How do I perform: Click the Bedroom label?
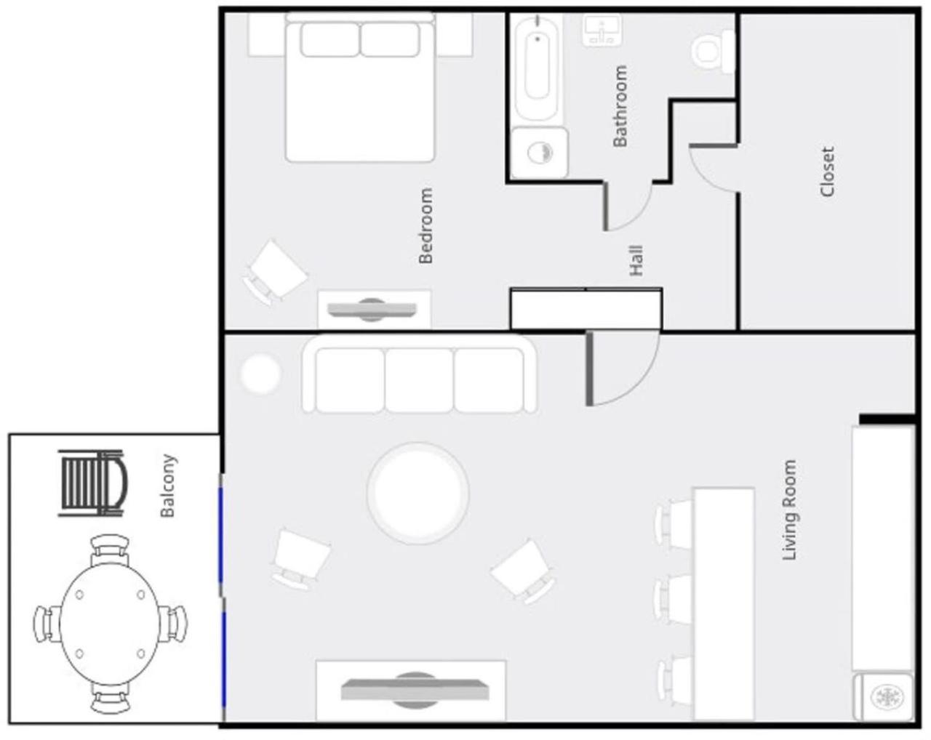coord(425,226)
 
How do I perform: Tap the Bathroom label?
coord(620,106)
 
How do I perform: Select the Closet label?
coord(827,172)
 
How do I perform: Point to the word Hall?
coord(636,261)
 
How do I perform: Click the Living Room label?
coord(789,510)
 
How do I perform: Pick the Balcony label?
coord(167,486)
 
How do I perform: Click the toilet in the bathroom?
coord(714,51)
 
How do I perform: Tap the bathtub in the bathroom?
coord(537,68)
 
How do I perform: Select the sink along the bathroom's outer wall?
coord(602,29)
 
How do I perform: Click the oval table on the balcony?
coord(109,624)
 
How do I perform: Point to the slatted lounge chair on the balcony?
coord(93,483)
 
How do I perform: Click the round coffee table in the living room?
coord(417,493)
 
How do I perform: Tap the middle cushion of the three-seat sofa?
coord(419,381)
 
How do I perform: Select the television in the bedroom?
coord(372,310)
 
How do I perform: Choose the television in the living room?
coord(415,690)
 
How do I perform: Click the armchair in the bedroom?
coord(276,272)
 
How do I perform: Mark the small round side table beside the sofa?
coord(261,374)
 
